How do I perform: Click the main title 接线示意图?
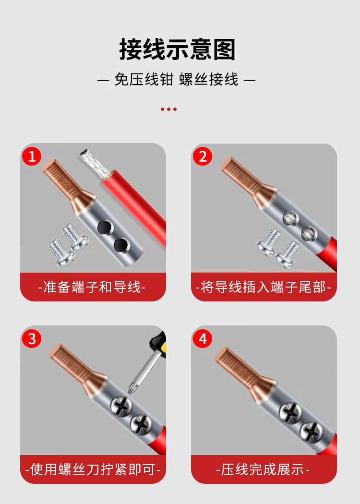pos(178,49)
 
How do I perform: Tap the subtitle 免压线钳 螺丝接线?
pos(177,79)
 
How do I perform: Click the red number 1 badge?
pos(32,156)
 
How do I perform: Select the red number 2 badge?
pos(203,156)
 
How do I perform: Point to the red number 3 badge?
pos(32,338)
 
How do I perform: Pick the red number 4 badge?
pos(203,338)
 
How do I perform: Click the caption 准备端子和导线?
pos(92,287)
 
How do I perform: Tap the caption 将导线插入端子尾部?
pos(263,287)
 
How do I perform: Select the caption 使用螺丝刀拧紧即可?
pos(93,469)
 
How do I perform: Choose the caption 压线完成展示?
pos(263,469)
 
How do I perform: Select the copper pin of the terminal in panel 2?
pos(241,176)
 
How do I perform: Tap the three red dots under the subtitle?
pos(169,109)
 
